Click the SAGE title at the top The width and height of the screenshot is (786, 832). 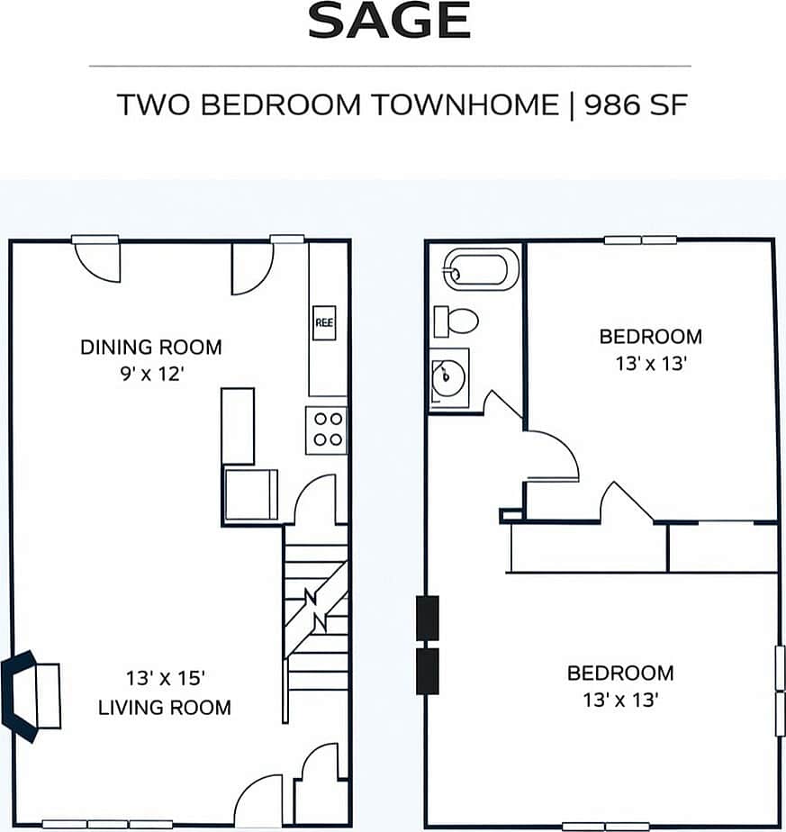pyautogui.click(x=389, y=22)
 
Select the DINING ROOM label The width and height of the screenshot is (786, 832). pyautogui.click(x=150, y=347)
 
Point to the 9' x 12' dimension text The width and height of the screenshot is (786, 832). pyautogui.click(x=150, y=373)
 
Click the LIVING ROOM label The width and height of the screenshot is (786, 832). pyautogui.click(x=164, y=707)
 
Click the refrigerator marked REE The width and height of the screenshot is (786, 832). pyautogui.click(x=324, y=321)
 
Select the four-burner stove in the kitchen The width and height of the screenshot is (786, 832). pyautogui.click(x=326, y=429)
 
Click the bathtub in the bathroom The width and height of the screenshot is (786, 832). pyautogui.click(x=481, y=270)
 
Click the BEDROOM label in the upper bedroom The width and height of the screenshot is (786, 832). pyautogui.click(x=650, y=337)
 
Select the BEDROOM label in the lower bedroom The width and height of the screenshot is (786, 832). pyautogui.click(x=619, y=673)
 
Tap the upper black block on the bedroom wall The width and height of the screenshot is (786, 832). pyautogui.click(x=427, y=618)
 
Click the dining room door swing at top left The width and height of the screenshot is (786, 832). pyautogui.click(x=97, y=260)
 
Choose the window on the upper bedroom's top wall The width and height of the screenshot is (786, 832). pyautogui.click(x=640, y=240)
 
